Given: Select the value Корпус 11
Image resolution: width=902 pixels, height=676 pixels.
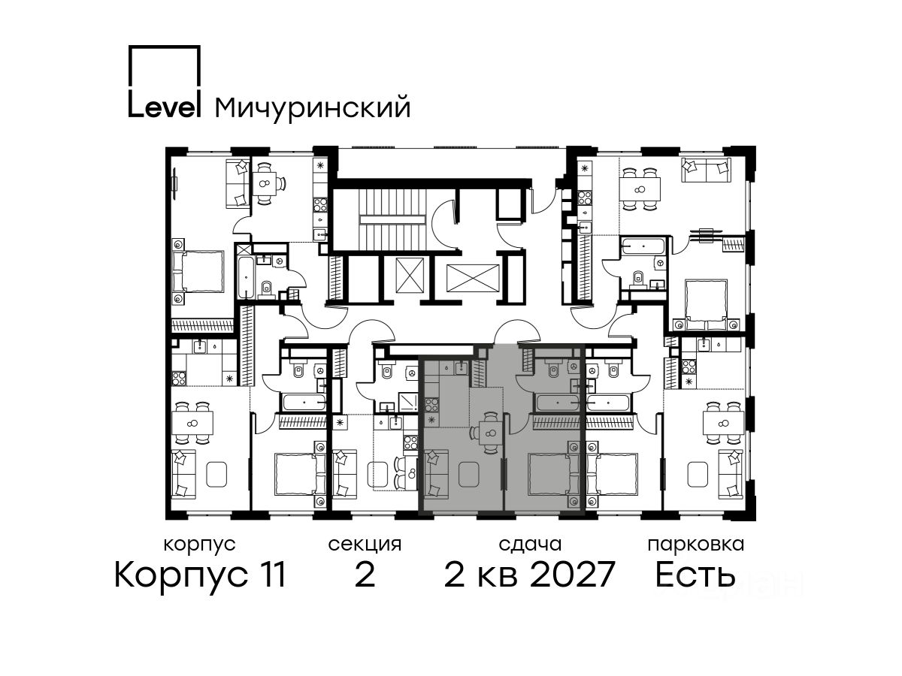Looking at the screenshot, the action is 200,575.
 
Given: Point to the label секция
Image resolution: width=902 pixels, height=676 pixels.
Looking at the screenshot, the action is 365,545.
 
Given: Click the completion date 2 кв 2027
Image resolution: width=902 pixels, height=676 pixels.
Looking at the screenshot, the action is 529,574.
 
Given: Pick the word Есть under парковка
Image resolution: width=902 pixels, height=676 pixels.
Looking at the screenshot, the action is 695,574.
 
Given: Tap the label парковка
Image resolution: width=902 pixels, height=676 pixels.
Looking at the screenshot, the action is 696,545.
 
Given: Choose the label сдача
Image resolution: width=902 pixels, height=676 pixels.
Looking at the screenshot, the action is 530,545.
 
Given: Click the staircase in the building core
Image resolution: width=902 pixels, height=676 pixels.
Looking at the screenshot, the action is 392,219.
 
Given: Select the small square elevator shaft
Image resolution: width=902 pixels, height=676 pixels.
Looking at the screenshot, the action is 410,275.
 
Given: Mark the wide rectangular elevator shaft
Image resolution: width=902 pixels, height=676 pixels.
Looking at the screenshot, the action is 473,278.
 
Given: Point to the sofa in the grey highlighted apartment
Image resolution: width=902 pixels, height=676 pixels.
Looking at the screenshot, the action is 436,474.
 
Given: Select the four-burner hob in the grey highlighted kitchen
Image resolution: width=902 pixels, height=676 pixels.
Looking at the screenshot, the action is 431,405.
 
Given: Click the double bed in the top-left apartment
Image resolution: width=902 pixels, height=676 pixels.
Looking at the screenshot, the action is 198,271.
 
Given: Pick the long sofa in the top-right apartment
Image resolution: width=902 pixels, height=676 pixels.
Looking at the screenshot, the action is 706,170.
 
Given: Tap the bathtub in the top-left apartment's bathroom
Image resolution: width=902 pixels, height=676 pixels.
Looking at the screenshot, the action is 246,277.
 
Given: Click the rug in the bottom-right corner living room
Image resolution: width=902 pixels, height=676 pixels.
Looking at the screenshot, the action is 698,474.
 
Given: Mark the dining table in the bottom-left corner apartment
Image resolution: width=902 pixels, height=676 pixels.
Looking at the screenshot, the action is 192,423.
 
